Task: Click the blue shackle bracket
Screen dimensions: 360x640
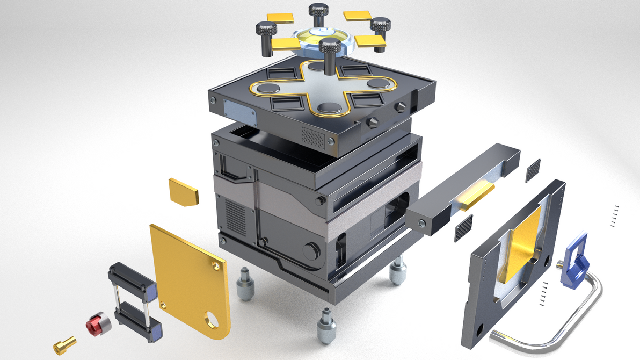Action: [x=574, y=262]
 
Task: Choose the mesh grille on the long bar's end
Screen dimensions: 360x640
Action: [x=463, y=228]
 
